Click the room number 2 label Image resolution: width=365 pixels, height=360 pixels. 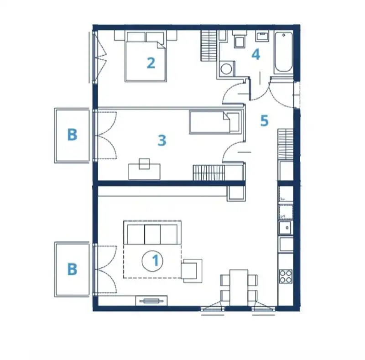151,63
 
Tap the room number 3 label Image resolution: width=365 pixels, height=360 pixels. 162,141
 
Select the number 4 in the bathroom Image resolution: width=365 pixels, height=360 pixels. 255,55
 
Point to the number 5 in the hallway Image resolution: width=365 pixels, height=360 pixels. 265,120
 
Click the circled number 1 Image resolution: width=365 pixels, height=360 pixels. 152,261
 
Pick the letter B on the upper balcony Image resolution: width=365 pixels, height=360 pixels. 72,135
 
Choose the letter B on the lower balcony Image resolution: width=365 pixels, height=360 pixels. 72,269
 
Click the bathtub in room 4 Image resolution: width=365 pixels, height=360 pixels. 283,52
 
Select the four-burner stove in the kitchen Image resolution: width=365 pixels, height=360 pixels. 286,276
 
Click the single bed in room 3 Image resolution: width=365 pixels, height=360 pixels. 215,122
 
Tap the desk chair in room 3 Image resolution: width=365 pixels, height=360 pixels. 144,163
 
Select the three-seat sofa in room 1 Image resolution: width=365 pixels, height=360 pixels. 152,232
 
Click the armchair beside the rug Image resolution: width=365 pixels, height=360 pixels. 192,271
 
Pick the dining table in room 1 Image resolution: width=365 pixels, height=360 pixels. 239,287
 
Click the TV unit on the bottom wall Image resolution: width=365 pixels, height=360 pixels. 151,301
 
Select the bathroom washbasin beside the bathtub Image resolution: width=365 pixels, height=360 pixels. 262,36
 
